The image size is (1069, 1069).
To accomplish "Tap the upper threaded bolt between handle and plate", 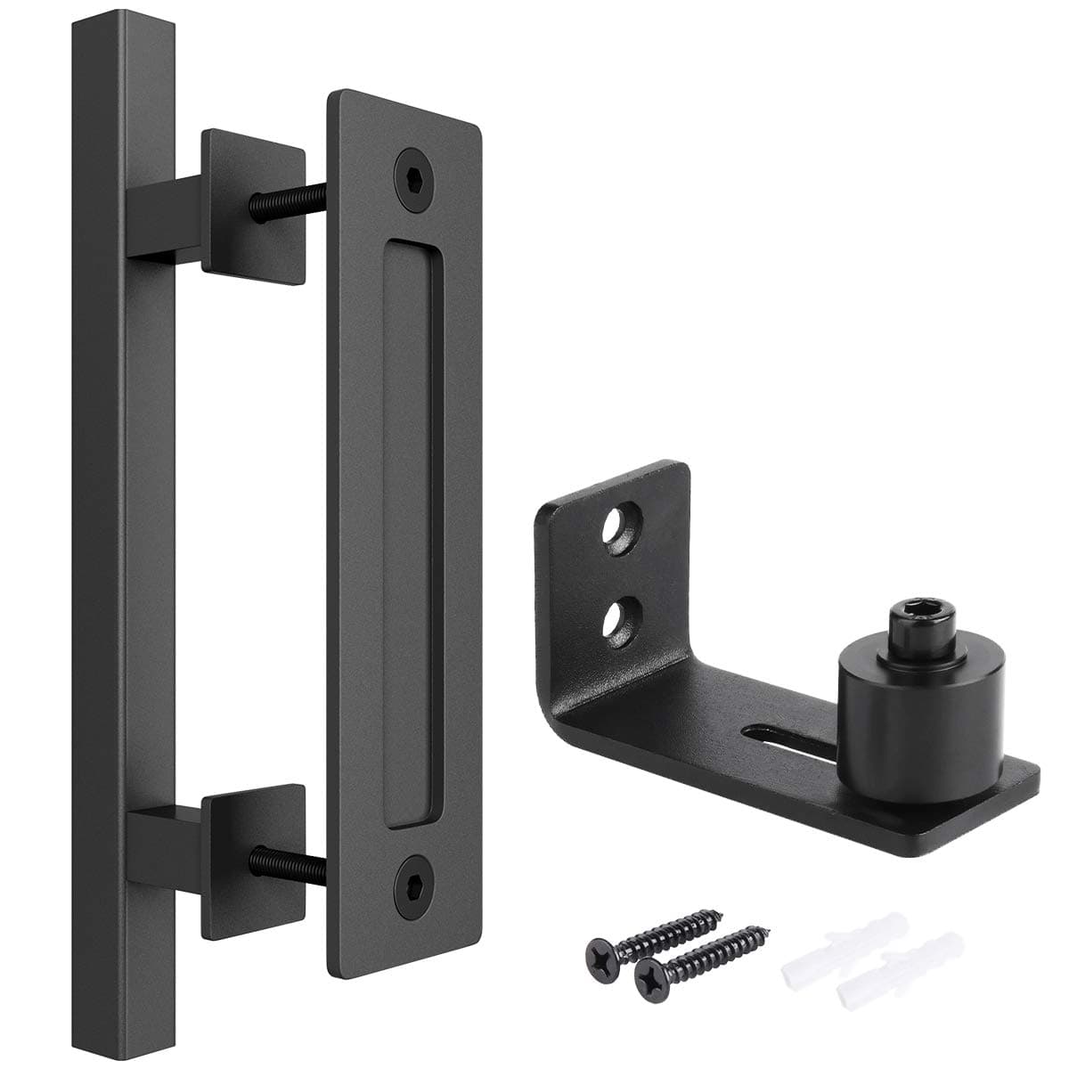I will point(282,201).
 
